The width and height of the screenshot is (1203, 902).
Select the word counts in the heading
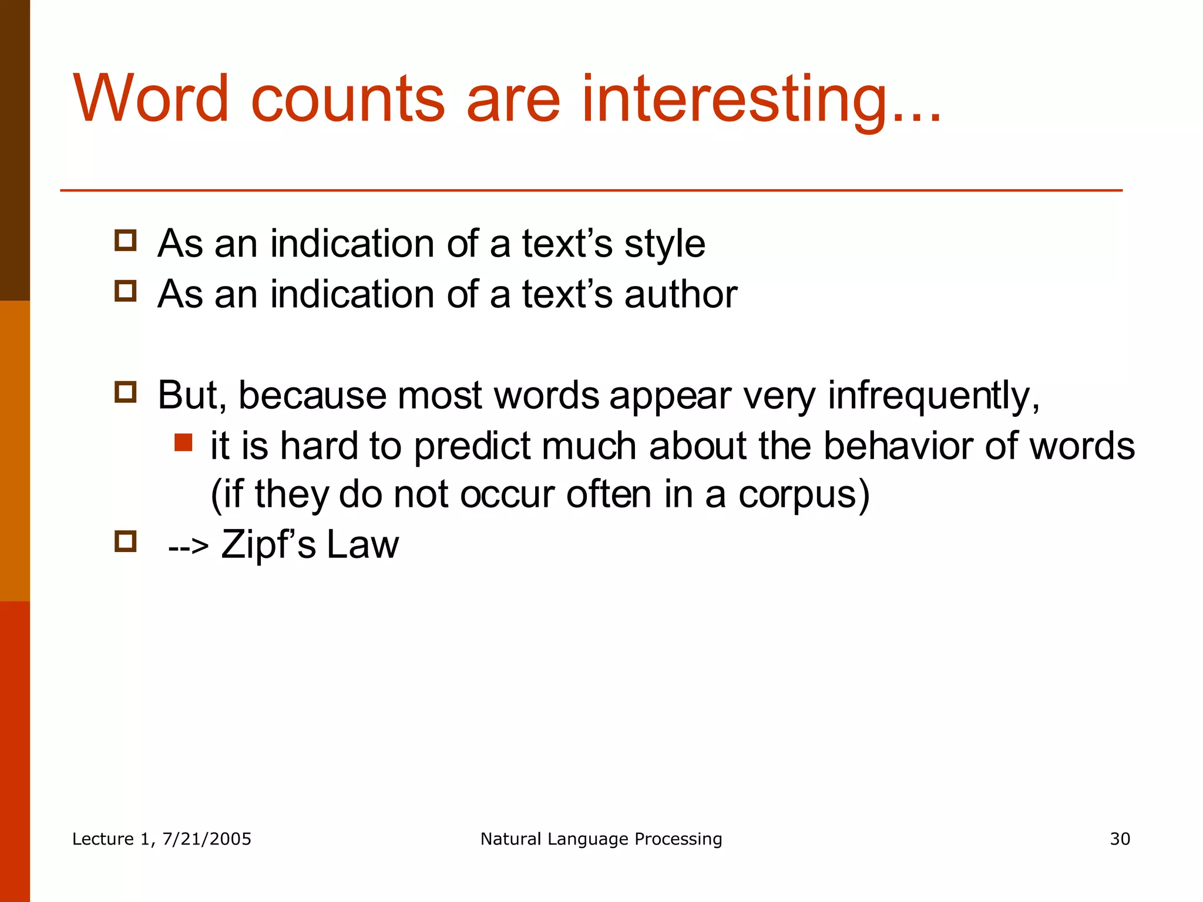coord(348,100)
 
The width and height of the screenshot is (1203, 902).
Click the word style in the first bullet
coord(664,244)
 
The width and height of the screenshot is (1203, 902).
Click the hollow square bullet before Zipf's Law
coord(125,541)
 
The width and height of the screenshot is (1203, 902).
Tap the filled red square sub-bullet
coord(183,443)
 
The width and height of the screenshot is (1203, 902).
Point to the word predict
coord(472,446)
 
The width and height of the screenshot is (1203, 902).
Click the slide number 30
coord(1120,839)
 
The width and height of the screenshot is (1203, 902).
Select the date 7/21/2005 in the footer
coord(206,839)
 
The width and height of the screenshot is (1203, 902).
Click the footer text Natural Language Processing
coord(601,839)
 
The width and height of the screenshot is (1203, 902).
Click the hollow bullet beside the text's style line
coord(125,240)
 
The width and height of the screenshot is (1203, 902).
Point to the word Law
coord(362,545)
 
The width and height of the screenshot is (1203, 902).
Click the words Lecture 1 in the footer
coord(112,839)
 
